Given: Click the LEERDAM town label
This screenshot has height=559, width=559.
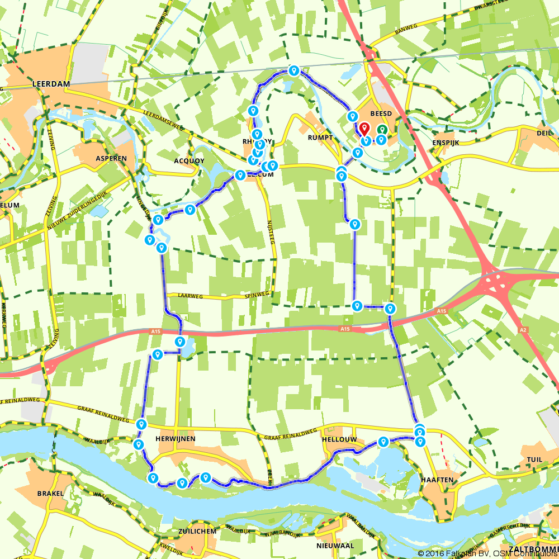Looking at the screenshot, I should pos(51,83).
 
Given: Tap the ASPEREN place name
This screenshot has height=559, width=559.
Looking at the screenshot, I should pos(111,158).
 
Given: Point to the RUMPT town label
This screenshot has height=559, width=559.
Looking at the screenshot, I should pos(320,137).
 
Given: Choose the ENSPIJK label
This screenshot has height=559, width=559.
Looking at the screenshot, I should pos(446,143).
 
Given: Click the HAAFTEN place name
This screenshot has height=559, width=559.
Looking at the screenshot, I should pos(438,480).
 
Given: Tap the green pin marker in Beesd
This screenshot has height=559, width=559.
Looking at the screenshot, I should pos(382,130).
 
